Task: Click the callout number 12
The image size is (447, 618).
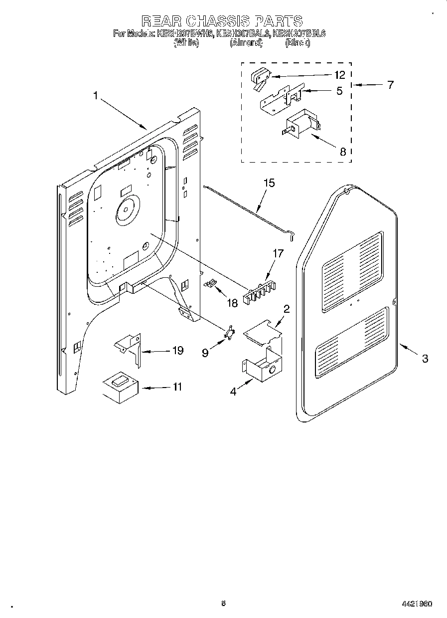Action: (x=339, y=75)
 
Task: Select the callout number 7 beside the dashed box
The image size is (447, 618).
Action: (x=390, y=85)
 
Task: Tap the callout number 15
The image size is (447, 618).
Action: (x=269, y=183)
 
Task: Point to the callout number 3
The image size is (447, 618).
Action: (x=425, y=358)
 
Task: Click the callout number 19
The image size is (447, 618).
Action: (x=178, y=351)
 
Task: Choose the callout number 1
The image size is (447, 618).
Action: (x=95, y=95)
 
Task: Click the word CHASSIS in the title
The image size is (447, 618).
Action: (x=219, y=20)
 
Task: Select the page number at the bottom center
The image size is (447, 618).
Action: (x=223, y=603)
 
